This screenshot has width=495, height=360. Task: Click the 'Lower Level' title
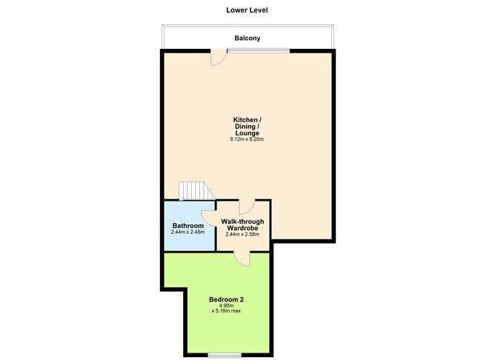coord(247,10)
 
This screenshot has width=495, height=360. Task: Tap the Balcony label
coord(247,38)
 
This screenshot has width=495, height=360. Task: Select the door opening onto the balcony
coord(218,57)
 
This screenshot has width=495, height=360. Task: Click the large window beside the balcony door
coord(259,50)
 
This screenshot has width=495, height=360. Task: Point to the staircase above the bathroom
coord(194,191)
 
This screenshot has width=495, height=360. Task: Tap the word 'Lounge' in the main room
coord(247,133)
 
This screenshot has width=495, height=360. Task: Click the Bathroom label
coord(187,225)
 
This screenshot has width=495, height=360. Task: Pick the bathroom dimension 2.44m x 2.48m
coord(187,232)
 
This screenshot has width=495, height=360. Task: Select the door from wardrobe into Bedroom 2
coord(242,256)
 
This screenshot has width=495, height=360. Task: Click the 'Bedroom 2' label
coord(226,299)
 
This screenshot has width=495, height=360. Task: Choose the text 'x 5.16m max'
coord(226,311)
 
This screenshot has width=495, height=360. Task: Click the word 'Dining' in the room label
coord(246,127)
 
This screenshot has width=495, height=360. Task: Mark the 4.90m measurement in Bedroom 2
coord(226,305)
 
